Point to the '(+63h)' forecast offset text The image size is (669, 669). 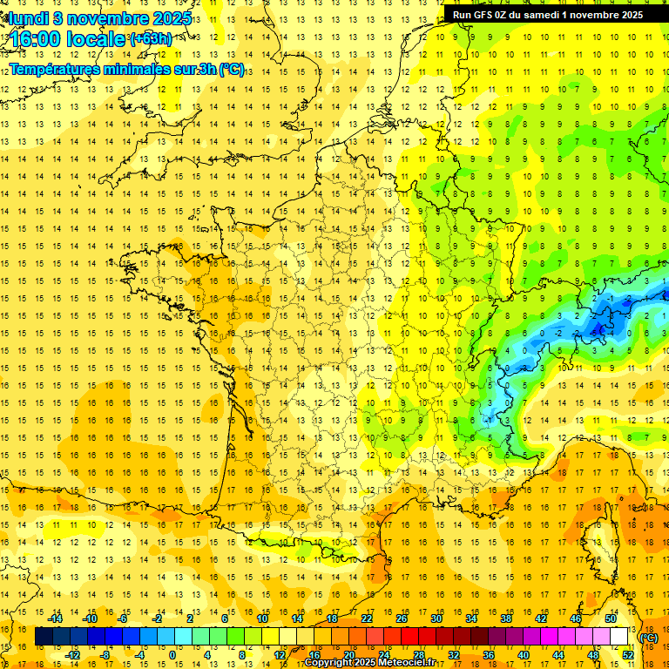pyautogui.click(x=150, y=38)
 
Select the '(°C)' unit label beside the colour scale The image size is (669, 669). pyautogui.click(x=648, y=638)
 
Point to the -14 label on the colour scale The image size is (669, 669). pyautogui.click(x=56, y=618)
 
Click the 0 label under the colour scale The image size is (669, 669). pyautogui.click(x=172, y=655)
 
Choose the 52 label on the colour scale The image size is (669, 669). pyautogui.click(x=628, y=655)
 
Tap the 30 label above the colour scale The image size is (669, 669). pyautogui.click(x=436, y=618)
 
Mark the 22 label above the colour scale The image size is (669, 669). pyautogui.click(x=367, y=618)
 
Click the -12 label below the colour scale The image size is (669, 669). pyautogui.click(x=73, y=655)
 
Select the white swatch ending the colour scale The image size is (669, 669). pyautogui.click(x=619, y=637)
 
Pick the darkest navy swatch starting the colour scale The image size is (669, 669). pyautogui.click(x=44, y=637)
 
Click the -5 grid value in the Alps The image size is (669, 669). pyautogui.click(x=593, y=333)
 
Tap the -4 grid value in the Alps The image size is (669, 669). pyautogui.click(x=612, y=333)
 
